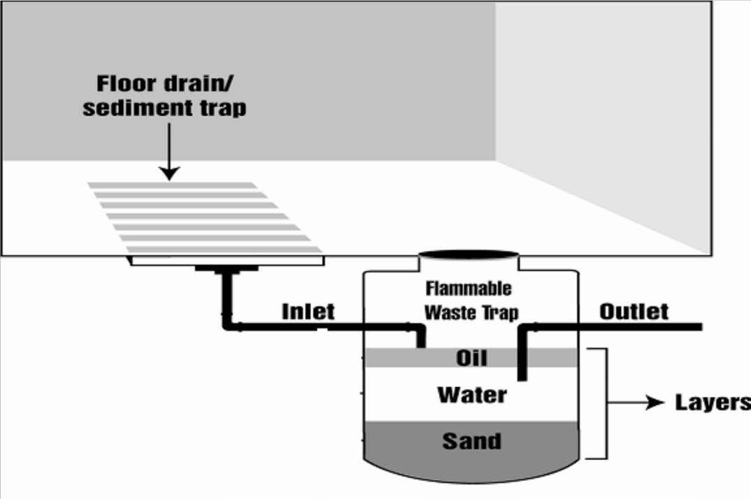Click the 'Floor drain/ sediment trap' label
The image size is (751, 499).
click(x=165, y=96)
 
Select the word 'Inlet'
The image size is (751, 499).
click(x=308, y=312)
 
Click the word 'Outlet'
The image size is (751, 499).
click(x=634, y=312)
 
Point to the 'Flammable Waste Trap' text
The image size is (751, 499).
click(x=469, y=300)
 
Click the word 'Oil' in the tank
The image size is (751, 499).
click(x=471, y=359)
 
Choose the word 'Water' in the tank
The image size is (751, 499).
click(x=472, y=395)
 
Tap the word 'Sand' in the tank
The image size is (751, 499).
click(x=471, y=442)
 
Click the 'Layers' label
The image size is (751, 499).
click(x=712, y=403)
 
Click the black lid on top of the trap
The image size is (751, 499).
click(x=469, y=254)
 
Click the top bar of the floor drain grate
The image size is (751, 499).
click(x=172, y=185)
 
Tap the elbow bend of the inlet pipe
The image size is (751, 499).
click(x=228, y=325)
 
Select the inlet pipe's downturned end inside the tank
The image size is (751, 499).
click(x=421, y=337)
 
